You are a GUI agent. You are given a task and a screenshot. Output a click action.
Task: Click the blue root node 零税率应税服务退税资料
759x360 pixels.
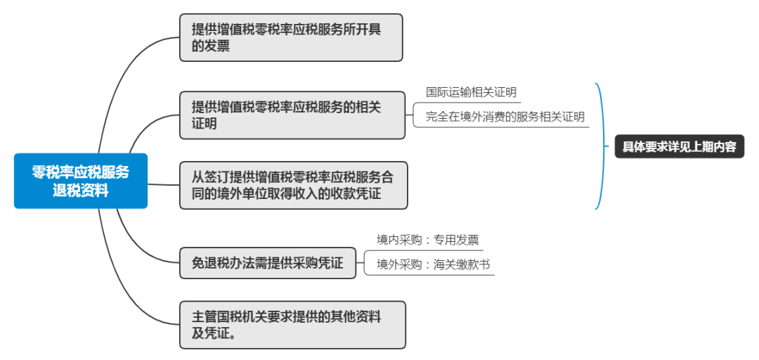pyautogui.click(x=81, y=181)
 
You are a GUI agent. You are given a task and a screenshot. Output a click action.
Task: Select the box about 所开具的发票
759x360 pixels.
pyautogui.click(x=291, y=37)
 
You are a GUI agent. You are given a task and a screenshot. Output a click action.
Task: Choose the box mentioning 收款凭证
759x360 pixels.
pyautogui.click(x=293, y=185)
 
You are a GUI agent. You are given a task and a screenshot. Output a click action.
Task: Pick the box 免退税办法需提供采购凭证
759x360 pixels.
pyautogui.click(x=268, y=262)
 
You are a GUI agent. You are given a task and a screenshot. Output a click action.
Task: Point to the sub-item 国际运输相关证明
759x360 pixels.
pyautogui.click(x=471, y=92)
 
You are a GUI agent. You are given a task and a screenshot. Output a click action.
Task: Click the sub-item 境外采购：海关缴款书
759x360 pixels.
pyautogui.click(x=432, y=264)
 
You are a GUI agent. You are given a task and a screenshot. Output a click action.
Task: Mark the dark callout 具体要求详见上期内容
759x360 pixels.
pyautogui.click(x=679, y=147)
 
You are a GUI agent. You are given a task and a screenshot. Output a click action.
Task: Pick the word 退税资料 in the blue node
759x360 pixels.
pyautogui.click(x=81, y=190)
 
